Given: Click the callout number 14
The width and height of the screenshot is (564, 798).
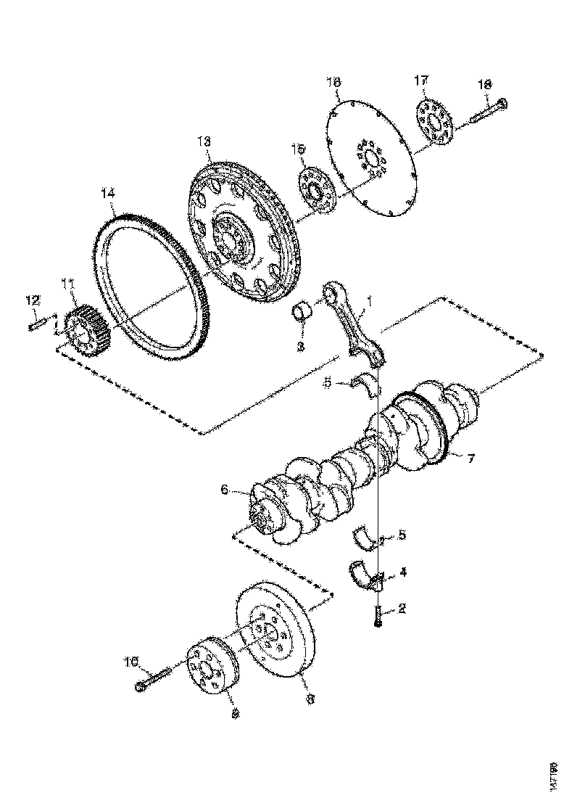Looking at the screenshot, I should (x=108, y=193).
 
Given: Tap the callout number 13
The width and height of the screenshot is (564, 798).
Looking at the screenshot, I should (x=204, y=139).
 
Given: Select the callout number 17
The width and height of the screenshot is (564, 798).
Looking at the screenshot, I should (x=422, y=81).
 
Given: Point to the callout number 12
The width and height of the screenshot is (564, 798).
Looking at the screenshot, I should (x=33, y=300).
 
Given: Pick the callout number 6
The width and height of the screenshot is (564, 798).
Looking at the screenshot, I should (x=225, y=490).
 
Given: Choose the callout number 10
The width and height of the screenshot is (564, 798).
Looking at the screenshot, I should (x=131, y=661).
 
